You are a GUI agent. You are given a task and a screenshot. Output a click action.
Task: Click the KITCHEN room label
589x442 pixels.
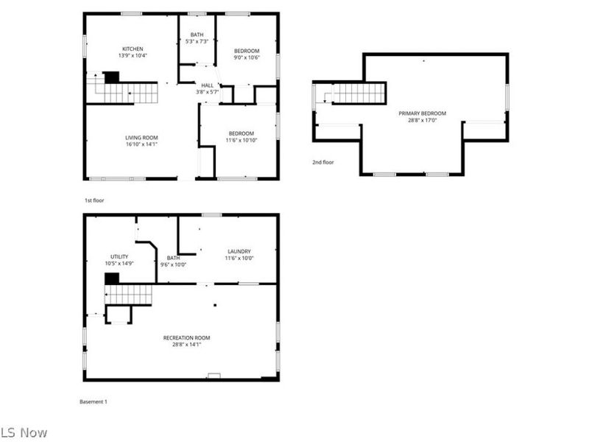(x=133, y=49)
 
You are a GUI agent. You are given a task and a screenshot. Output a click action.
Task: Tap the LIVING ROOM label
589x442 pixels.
(x=141, y=138)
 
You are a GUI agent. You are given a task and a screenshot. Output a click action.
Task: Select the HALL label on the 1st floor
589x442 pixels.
(x=207, y=85)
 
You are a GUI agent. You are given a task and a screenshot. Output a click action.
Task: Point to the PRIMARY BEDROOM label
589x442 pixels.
(x=423, y=113)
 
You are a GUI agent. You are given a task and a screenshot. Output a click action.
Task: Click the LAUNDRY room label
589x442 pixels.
(x=239, y=251)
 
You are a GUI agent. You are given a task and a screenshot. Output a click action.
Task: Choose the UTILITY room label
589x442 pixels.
(x=119, y=256)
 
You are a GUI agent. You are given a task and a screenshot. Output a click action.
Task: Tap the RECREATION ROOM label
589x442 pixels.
(x=191, y=338)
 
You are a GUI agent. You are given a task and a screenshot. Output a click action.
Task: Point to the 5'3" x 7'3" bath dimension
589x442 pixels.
(x=197, y=42)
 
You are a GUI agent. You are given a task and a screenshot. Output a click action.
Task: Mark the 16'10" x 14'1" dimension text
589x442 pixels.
(x=141, y=144)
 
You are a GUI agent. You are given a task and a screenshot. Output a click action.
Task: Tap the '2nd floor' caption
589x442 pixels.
(x=322, y=162)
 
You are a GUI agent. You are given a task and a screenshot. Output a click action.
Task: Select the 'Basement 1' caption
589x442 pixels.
(x=94, y=401)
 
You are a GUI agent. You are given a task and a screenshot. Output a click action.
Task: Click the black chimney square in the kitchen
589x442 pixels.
(x=111, y=77)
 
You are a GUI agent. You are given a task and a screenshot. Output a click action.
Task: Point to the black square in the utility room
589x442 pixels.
(x=112, y=278)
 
